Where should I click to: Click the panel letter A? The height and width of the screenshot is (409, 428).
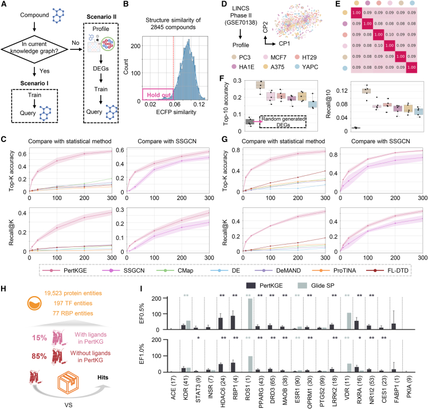click(x=5, y=5)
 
